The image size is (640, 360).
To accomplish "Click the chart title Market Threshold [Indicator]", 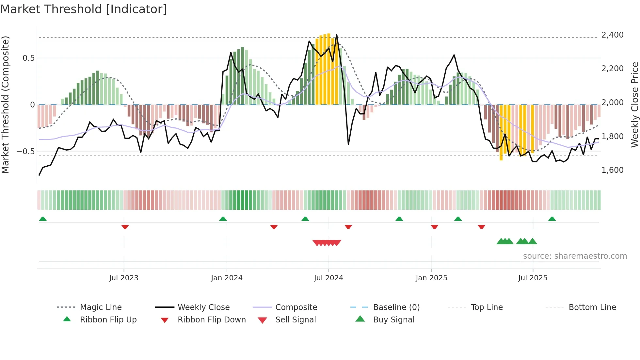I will (x=84, y=9).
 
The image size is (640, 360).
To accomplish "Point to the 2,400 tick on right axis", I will (x=612, y=35).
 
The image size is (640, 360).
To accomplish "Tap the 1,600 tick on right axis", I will (x=612, y=170).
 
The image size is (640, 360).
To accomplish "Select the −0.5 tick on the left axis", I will (x=25, y=152).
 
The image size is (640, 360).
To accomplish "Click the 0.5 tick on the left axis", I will (x=28, y=58).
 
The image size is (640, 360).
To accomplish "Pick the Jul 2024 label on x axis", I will (x=328, y=278).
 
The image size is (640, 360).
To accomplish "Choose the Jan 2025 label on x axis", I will (x=431, y=278).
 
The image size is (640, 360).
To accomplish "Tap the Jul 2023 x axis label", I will (x=124, y=278).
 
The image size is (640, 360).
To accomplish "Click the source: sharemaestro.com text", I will (x=575, y=256).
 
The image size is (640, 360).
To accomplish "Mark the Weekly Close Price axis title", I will (x=634, y=105).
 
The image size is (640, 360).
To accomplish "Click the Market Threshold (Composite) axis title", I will (x=5, y=105).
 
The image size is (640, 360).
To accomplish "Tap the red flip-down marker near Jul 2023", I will (x=125, y=227).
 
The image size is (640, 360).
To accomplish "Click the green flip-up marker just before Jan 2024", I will (x=223, y=219).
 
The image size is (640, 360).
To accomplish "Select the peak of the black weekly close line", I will (x=337, y=35).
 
